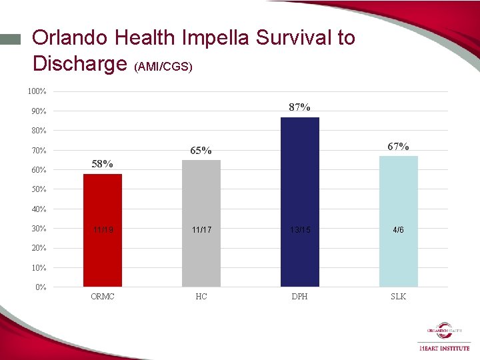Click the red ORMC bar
pyautogui.click(x=102, y=230)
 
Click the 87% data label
pyautogui.click(x=299, y=107)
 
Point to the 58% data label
pyautogui.click(x=102, y=164)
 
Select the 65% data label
pyautogui.click(x=201, y=151)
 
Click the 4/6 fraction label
pyautogui.click(x=398, y=229)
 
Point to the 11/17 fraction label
pyautogui.click(x=201, y=229)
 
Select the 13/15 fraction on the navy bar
pyautogui.click(x=299, y=229)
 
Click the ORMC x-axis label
pyautogui.click(x=102, y=297)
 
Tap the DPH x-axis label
pyautogui.click(x=299, y=297)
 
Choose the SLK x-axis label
pyautogui.click(x=398, y=297)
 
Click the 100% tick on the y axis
pyautogui.click(x=37, y=91)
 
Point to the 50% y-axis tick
pyautogui.click(x=39, y=189)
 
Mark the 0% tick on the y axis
pyautogui.click(x=41, y=287)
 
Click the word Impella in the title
pyautogui.click(x=209, y=38)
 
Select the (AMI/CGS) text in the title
pyautogui.click(x=163, y=67)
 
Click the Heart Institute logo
pyautogui.click(x=444, y=337)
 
